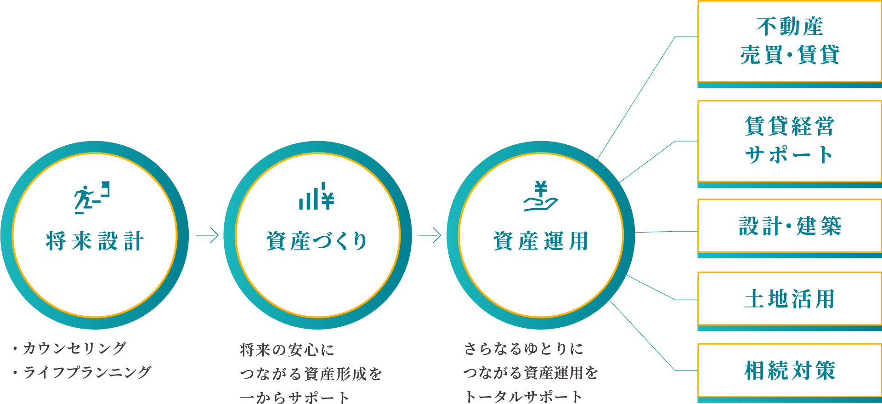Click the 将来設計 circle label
(x=95, y=241)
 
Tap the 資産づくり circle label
(x=317, y=241)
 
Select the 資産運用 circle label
(x=541, y=241)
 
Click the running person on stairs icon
(x=92, y=198)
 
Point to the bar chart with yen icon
(x=317, y=197)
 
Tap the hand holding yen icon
(x=541, y=196)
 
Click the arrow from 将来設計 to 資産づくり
(x=207, y=235)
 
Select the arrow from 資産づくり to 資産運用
(x=430, y=235)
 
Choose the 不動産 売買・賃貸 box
(x=789, y=41)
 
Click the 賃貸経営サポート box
(x=789, y=141)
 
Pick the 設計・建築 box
(x=789, y=226)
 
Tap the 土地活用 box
(x=789, y=299)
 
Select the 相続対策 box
(x=789, y=370)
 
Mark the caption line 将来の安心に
(x=287, y=350)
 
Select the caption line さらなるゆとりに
(x=524, y=349)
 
